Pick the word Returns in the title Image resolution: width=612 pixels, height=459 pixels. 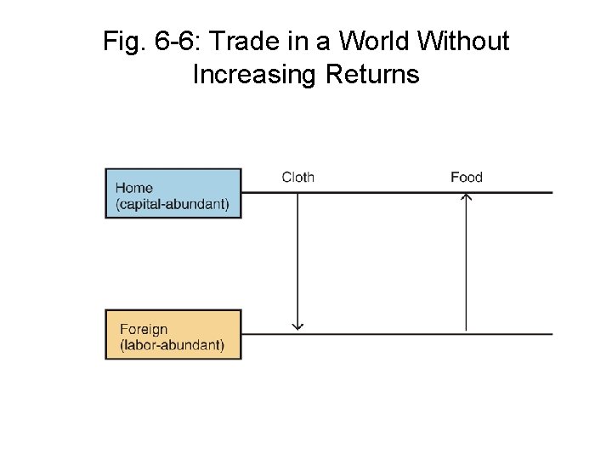click(372, 75)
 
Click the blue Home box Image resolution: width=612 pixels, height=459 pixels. click(173, 194)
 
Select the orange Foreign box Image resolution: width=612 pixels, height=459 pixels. click(173, 334)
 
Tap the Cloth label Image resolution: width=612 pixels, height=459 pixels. click(297, 177)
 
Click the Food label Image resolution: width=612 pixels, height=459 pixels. click(466, 177)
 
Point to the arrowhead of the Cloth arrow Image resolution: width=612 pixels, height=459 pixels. click(297, 326)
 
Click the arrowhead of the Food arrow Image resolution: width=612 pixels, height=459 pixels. click(466, 197)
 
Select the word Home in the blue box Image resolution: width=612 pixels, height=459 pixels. click(134, 188)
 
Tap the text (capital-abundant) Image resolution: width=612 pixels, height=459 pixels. click(173, 205)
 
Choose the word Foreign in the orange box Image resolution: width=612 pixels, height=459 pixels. click(144, 329)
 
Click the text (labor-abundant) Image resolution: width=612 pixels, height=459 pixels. click(173, 345)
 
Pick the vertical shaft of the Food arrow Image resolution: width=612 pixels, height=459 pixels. click(466, 263)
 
